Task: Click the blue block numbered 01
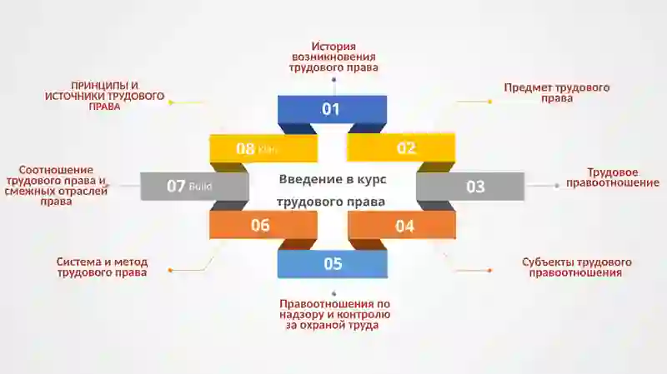coord(332,109)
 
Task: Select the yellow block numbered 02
coord(401,147)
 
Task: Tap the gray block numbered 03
coord(470,186)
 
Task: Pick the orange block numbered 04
coord(402,225)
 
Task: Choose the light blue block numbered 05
coord(332,263)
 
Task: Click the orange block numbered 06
coord(263,225)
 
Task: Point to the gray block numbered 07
coord(194,186)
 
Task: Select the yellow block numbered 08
coord(263,148)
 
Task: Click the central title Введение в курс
coord(333,179)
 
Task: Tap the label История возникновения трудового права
coord(333,57)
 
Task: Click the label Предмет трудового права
coord(557,92)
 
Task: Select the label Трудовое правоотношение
coord(613,177)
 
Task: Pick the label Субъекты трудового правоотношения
coord(576,267)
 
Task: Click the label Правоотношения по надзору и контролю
coord(335,309)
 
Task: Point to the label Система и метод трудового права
coord(102,267)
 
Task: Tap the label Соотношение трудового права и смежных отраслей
coord(56,186)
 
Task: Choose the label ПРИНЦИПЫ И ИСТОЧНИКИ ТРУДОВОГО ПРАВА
coord(105,96)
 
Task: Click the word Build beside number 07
coord(200,186)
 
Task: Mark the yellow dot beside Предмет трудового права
coord(490,102)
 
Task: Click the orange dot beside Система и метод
coord(170,271)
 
